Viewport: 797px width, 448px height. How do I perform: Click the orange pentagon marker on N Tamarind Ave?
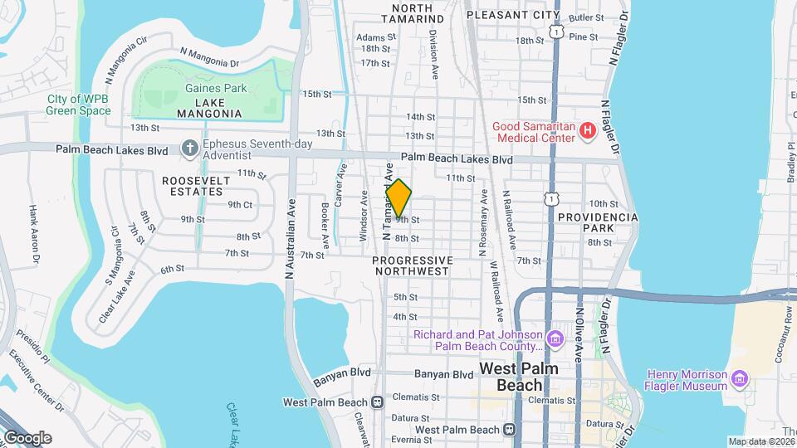coord(398,197)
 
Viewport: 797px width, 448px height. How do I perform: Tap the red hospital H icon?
coord(588,130)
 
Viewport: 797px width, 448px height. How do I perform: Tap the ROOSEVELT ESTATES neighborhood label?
coord(192,186)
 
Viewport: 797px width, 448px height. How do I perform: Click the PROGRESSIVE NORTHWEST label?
coord(412,265)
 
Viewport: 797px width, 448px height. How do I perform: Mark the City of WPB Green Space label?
coord(79,105)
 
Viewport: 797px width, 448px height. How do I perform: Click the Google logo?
coord(27,437)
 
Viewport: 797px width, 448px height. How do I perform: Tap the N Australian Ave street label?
coord(291,245)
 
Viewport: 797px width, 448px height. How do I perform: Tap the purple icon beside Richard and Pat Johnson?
coord(555,339)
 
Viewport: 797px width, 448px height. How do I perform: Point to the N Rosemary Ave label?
coord(482,224)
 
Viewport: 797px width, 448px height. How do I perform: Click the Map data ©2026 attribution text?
coord(761,441)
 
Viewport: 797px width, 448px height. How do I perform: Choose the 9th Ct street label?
coord(240,204)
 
